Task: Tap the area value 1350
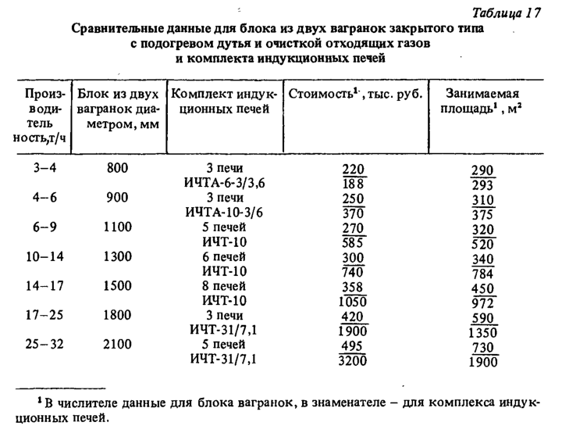pos(485,331)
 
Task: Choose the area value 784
pos(485,273)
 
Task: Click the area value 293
pos(485,184)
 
